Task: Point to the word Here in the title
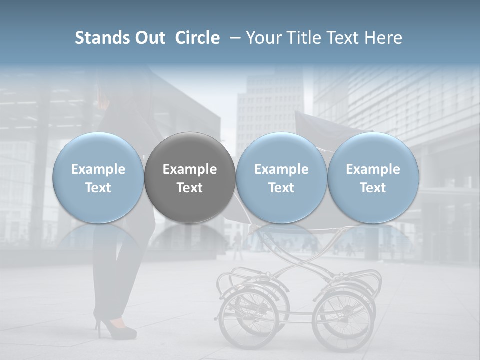[384, 38]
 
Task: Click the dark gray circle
[190, 177]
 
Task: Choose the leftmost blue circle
[98, 177]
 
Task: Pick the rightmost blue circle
[373, 177]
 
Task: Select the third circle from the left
[281, 177]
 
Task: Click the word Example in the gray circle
[190, 169]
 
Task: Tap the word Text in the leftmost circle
[98, 188]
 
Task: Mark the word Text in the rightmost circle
[373, 188]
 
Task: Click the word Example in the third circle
[281, 169]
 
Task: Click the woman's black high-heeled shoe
[116, 328]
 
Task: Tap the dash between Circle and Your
[233, 38]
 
